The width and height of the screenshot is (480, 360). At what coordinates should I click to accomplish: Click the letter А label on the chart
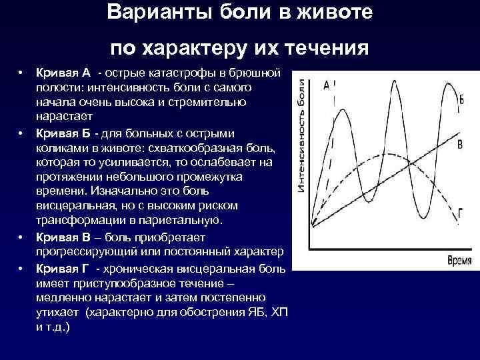326,85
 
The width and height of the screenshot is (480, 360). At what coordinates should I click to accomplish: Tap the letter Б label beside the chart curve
461,100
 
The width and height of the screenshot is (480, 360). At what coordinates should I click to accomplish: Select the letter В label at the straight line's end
460,145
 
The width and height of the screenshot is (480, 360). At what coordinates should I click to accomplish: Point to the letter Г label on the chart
460,213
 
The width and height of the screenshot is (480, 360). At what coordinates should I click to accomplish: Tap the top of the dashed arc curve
381,155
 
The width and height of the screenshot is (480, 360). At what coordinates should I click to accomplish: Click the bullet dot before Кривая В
21,237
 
